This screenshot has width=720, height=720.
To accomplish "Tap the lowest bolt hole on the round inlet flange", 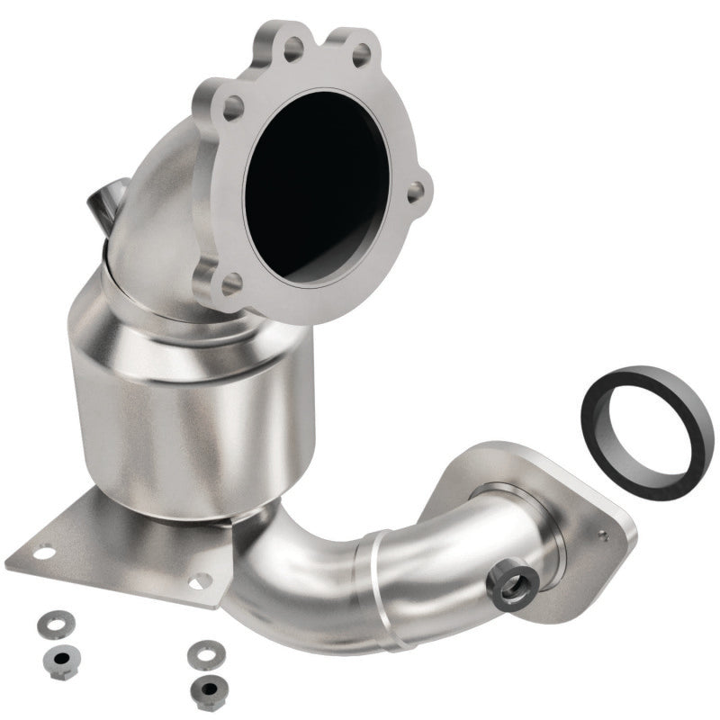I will (x=231, y=283).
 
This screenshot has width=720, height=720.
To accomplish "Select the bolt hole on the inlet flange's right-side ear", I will (x=416, y=191).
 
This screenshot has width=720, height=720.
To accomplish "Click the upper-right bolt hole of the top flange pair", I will (x=362, y=56).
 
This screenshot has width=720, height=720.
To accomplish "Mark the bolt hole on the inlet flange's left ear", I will (x=232, y=109).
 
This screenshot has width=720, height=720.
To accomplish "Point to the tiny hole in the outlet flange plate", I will (x=602, y=537).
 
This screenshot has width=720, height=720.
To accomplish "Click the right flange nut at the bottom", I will (x=209, y=685).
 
